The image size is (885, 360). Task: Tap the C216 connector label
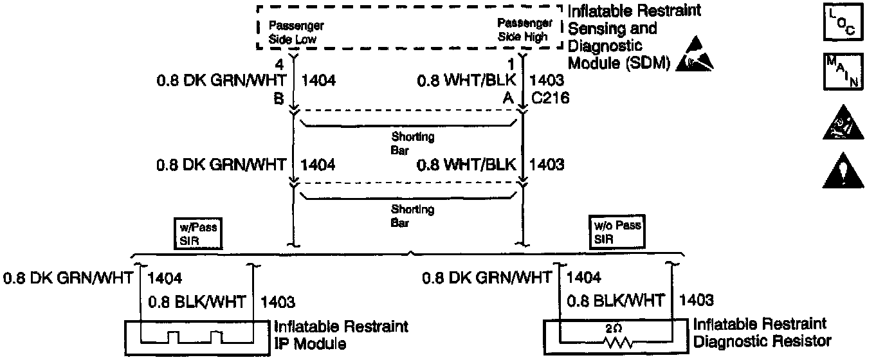point(547,99)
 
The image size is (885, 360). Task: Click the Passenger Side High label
point(522,30)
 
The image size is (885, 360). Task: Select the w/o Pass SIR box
point(616,231)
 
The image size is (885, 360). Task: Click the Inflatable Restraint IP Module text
point(341,335)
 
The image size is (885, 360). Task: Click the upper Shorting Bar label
point(409,142)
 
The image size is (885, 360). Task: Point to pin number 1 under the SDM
point(511,64)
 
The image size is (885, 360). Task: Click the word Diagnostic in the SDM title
point(605,46)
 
